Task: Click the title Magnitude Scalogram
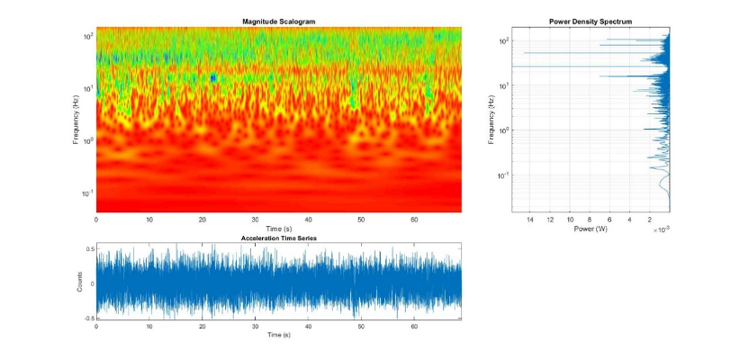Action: pos(278,21)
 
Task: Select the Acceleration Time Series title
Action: pos(278,238)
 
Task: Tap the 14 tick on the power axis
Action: pos(529,220)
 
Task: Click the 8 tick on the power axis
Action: pos(590,220)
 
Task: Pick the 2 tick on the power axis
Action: pos(650,220)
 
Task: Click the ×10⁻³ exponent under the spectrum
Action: pos(662,230)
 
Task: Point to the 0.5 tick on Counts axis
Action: pos(88,248)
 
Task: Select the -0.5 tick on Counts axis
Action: pos(87,318)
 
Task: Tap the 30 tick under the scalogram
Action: pos(255,220)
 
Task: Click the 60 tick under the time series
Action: pos(414,326)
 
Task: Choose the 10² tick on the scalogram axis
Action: pos(88,37)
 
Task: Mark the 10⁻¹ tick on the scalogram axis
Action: pos(88,193)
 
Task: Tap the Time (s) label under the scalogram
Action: pos(278,229)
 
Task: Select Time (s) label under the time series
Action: pos(278,335)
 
